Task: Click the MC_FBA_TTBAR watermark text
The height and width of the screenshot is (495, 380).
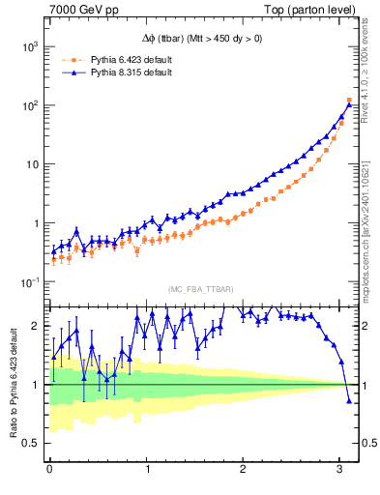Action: pos(201,290)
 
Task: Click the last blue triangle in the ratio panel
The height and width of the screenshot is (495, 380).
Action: pos(349,400)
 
